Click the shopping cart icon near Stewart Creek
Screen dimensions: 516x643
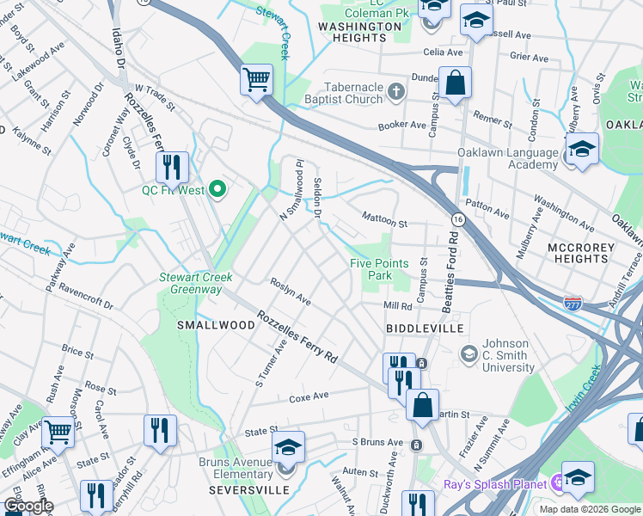[256, 80]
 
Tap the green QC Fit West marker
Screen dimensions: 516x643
[217, 189]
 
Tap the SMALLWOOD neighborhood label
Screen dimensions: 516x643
[216, 325]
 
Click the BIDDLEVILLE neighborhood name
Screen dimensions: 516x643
[425, 329]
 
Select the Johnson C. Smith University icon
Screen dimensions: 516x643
[468, 353]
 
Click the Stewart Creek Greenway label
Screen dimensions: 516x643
[191, 283]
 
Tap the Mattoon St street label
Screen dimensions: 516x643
[383, 219]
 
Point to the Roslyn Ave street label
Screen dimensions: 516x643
[291, 295]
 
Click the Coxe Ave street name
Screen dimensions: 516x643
[309, 397]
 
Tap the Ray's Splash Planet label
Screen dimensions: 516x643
[495, 484]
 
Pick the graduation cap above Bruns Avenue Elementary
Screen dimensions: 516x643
[289, 446]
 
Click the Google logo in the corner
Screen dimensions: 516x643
[28, 506]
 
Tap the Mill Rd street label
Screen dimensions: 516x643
[398, 306]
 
